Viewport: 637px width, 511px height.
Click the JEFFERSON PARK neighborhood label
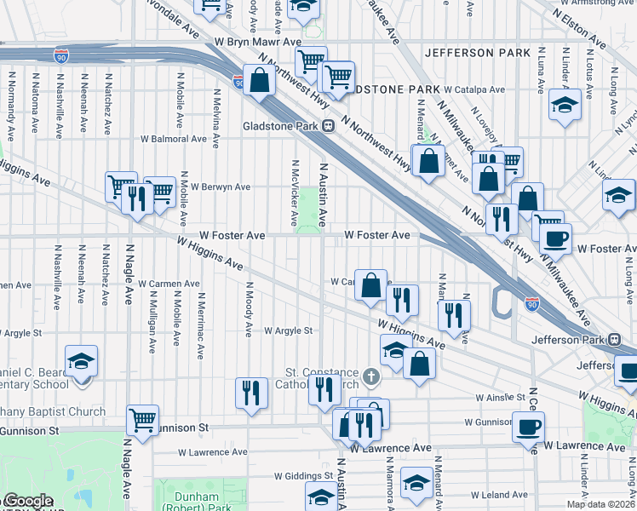click(x=477, y=53)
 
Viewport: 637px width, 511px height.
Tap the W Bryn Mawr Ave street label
click(x=258, y=41)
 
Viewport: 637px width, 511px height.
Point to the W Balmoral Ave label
click(x=174, y=138)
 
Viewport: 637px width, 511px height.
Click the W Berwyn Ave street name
click(x=221, y=187)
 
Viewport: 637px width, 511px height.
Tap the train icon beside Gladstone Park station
click(x=328, y=126)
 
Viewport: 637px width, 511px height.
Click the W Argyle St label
click(x=289, y=330)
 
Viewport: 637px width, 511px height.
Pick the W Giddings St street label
click(x=303, y=476)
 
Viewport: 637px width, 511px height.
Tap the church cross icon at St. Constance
click(x=370, y=376)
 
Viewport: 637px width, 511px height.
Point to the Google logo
click(x=27, y=502)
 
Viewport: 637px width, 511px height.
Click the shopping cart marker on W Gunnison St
click(x=142, y=419)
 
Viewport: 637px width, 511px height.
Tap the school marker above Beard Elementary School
click(x=82, y=361)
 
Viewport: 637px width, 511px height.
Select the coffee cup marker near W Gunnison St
click(x=528, y=425)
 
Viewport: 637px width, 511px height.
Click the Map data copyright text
click(x=600, y=504)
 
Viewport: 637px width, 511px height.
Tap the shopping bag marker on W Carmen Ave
click(x=371, y=285)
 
